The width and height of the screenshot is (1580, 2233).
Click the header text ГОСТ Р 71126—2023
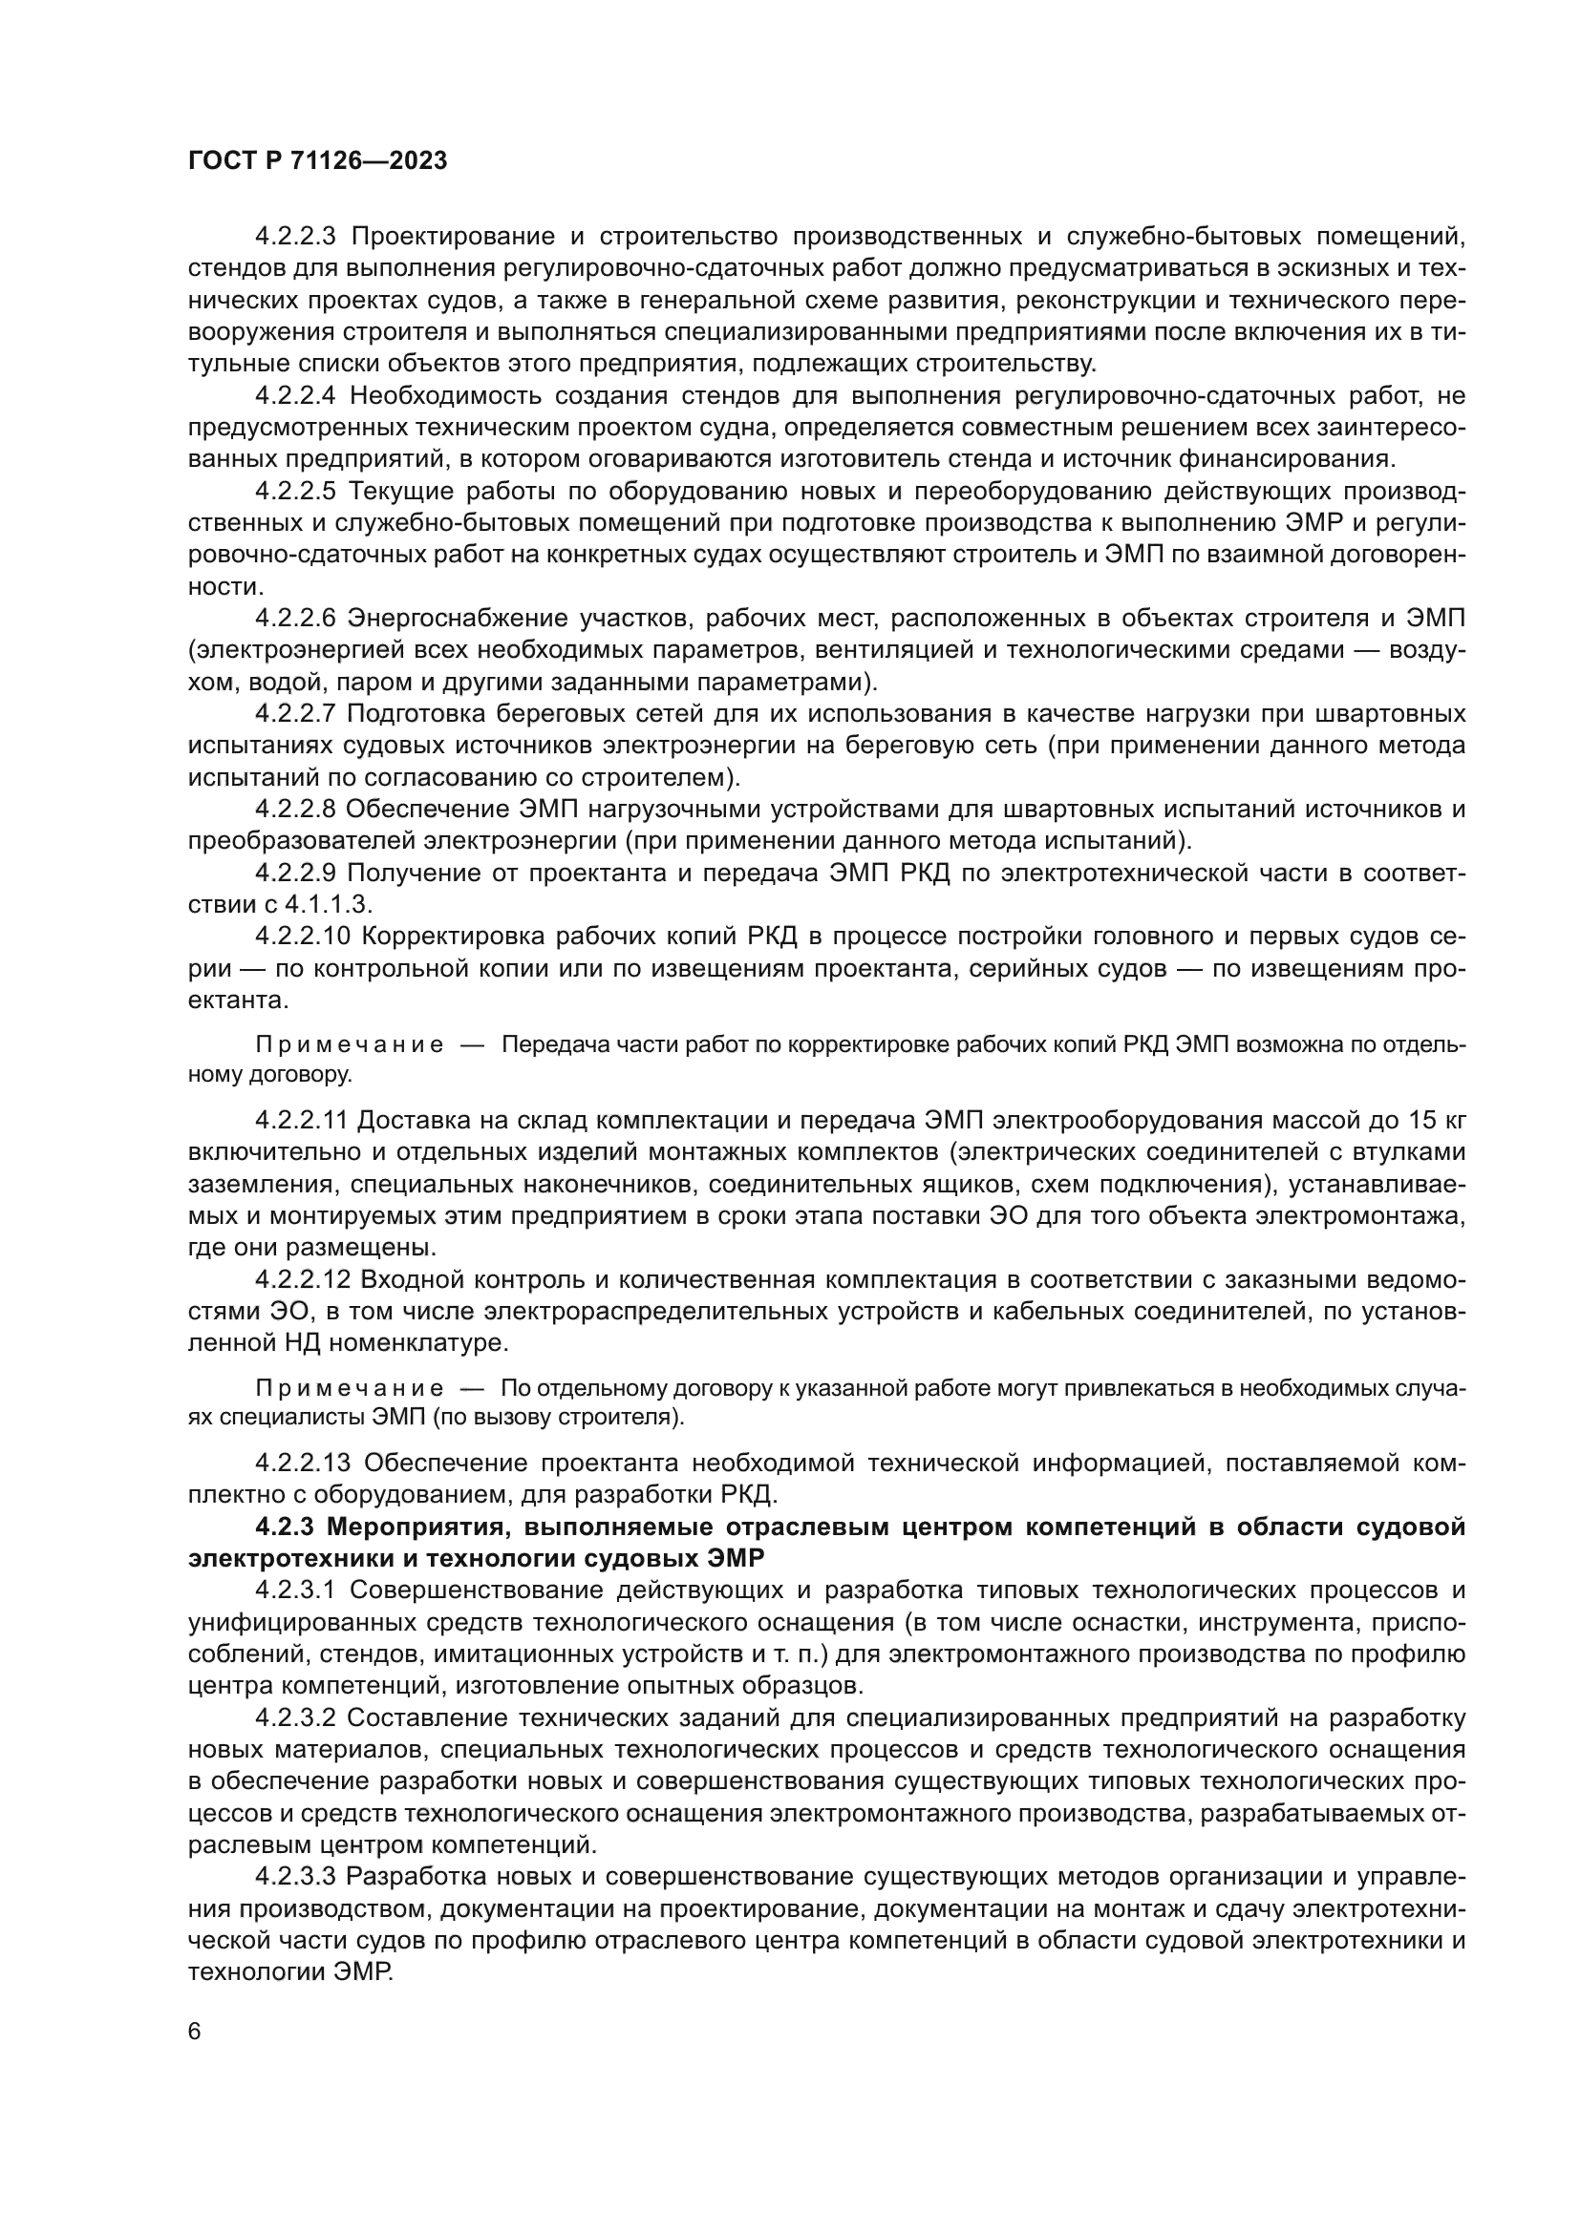tap(317, 161)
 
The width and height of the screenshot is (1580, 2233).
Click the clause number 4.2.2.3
tap(295, 237)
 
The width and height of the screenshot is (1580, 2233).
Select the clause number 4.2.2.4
tap(295, 396)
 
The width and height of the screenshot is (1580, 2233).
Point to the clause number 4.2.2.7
tap(295, 714)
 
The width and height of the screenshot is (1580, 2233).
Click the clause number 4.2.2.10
tap(301, 937)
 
